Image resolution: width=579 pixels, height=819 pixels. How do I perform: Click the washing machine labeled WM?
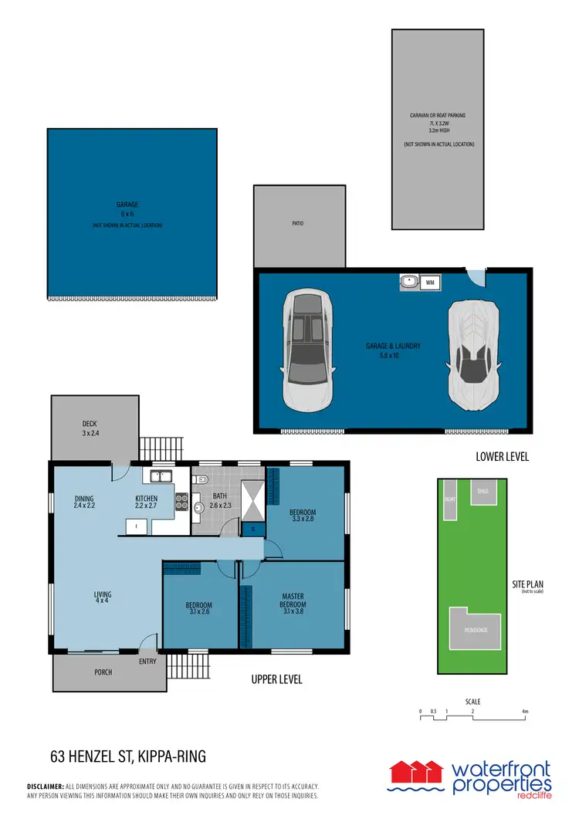pyautogui.click(x=430, y=283)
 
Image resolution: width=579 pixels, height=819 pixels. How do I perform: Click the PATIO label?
pyautogui.click(x=298, y=224)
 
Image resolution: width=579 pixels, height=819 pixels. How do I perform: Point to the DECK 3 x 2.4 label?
pyautogui.click(x=90, y=428)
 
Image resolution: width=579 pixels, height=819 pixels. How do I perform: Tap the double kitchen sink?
pyautogui.click(x=161, y=476)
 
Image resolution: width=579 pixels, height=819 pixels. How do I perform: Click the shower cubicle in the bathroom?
pyautogui.click(x=252, y=502)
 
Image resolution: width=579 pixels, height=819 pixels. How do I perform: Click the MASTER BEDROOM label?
pyautogui.click(x=293, y=599)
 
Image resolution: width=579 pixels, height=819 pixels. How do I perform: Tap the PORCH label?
pyautogui.click(x=103, y=672)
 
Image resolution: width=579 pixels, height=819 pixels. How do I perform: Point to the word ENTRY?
pyautogui.click(x=147, y=662)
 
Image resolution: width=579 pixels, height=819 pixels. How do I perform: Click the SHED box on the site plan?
pyautogui.click(x=483, y=492)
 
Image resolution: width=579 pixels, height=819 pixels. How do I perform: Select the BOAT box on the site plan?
pyautogui.click(x=450, y=499)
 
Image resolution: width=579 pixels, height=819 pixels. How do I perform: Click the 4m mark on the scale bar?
pyautogui.click(x=524, y=711)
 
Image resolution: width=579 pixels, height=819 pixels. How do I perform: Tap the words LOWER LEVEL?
pyautogui.click(x=502, y=457)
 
